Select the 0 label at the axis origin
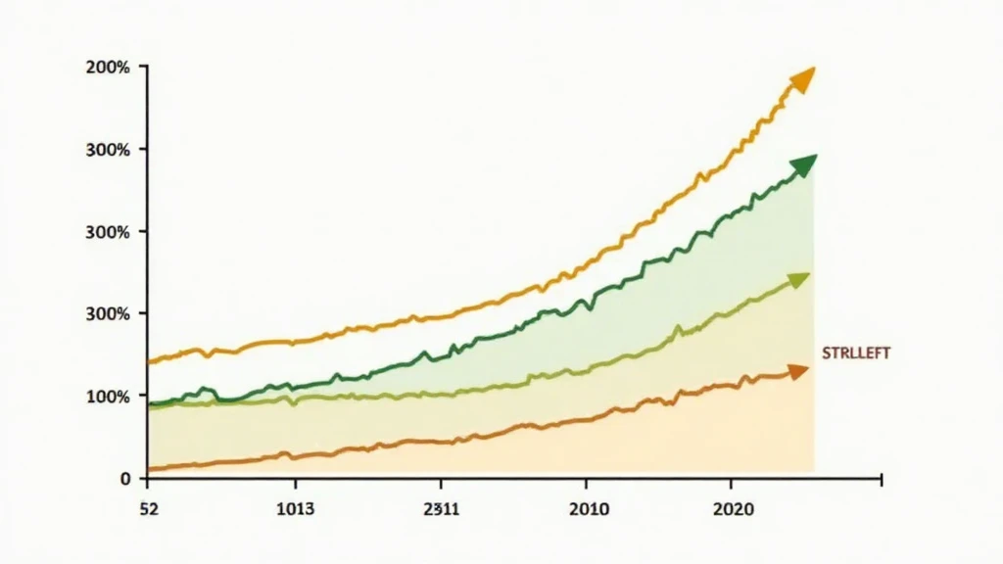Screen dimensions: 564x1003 click(125, 479)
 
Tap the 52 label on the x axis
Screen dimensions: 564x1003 click(149, 510)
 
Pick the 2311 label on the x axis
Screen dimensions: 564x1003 click(441, 510)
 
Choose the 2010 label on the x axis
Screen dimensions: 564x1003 click(586, 510)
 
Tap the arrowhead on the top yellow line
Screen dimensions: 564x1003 click(803, 79)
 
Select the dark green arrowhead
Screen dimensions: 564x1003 click(804, 165)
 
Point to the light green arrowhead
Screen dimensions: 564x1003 click(800, 281)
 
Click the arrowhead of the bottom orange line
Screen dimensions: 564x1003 click(798, 371)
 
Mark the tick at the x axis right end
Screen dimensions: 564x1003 click(882, 480)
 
